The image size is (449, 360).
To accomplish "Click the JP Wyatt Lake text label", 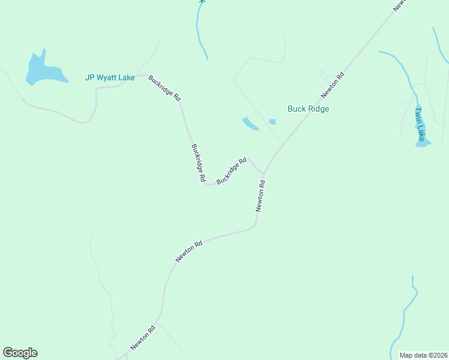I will (110, 77).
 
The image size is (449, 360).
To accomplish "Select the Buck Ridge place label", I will (308, 109).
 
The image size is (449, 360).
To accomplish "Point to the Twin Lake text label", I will (420, 124).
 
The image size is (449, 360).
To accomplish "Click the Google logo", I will (20, 353).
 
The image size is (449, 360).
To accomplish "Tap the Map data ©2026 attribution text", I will (423, 355).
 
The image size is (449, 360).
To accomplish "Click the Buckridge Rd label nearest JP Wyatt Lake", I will (164, 88).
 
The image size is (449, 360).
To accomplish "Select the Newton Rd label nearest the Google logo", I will (143, 338).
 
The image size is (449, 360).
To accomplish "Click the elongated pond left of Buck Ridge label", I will (250, 124).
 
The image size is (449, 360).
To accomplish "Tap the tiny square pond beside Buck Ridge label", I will (273, 122).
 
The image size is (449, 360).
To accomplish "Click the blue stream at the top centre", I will (200, 30).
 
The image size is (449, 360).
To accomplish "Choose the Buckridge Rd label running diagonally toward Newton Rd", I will (232, 171).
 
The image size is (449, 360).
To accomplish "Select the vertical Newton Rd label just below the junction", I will (260, 196).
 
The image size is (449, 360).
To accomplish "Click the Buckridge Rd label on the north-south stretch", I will (198, 163).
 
